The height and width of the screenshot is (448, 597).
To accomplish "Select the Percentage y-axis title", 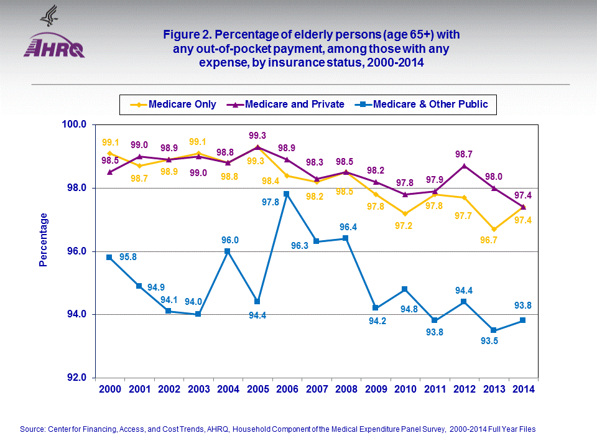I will pos(44,240).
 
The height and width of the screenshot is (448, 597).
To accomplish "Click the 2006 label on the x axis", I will pos(287,390).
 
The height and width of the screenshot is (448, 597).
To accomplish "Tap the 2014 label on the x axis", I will pos(522,390).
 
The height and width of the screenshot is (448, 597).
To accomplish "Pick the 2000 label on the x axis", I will pos(110,390).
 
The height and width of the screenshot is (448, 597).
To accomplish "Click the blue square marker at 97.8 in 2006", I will pos(287,194).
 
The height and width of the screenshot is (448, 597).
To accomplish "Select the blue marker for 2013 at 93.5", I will pos(493,330).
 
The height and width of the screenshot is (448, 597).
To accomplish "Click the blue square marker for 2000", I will pos(109,257).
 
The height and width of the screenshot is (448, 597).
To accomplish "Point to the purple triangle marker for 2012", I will pos(464,166).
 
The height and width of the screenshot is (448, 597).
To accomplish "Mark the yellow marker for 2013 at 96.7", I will pos(493,229).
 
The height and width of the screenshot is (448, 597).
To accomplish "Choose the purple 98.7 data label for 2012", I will pos(464,153).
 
